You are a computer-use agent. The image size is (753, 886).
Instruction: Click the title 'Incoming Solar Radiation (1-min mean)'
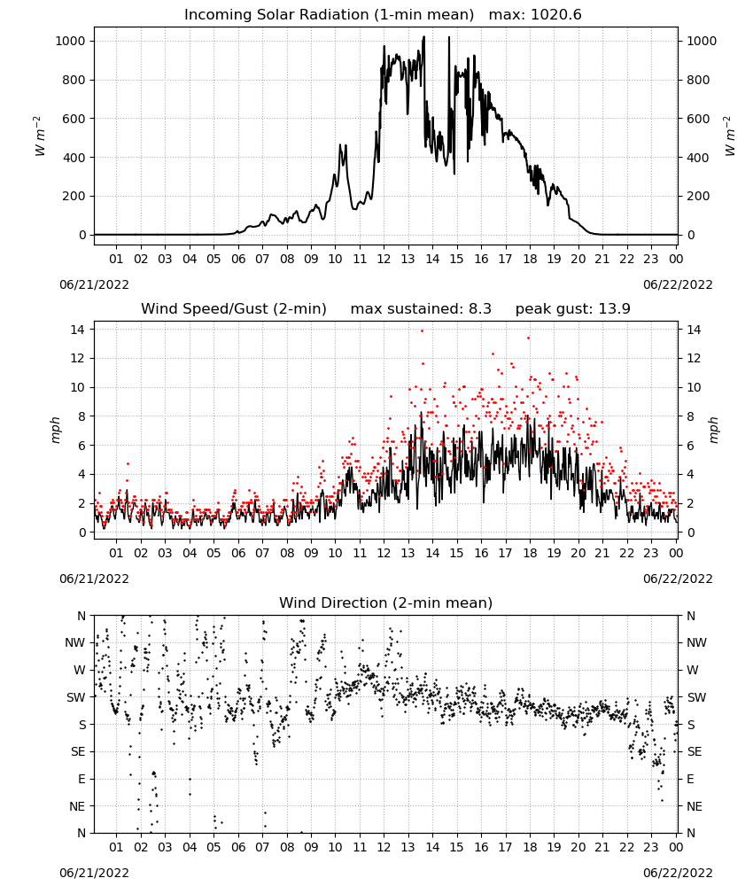(329, 15)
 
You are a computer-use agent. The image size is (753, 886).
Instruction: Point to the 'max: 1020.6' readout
(535, 15)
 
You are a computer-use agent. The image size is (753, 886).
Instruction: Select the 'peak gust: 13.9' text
(573, 309)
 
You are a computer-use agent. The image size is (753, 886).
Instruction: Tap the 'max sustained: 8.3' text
(421, 309)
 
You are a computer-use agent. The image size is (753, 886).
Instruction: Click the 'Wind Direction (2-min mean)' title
(386, 602)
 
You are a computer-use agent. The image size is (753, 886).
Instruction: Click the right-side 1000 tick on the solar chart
(702, 42)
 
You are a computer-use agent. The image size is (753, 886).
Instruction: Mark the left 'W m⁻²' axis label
(40, 136)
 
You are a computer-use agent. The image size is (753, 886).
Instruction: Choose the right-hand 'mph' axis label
(713, 430)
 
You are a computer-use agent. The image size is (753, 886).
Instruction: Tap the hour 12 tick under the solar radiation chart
(384, 260)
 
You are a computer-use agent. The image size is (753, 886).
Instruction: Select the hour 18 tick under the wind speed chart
(530, 553)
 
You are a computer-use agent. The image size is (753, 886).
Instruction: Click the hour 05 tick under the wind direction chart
(213, 848)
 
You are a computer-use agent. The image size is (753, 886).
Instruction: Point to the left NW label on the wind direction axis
(75, 643)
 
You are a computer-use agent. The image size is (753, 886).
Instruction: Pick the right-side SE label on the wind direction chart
(695, 752)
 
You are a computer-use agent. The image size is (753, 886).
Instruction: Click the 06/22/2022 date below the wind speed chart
(678, 579)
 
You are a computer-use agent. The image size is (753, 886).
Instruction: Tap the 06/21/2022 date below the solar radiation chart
(94, 285)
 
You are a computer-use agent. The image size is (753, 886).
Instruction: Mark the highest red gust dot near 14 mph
(422, 331)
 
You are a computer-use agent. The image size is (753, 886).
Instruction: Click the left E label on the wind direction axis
(82, 779)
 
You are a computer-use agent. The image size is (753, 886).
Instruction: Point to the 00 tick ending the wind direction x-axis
(676, 848)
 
